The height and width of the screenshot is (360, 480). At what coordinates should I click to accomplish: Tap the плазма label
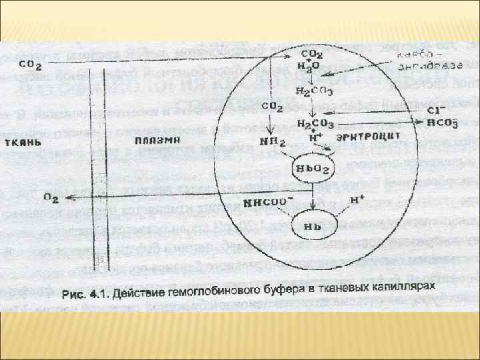(x=155, y=139)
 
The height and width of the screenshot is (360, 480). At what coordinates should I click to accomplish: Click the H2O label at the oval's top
(x=312, y=66)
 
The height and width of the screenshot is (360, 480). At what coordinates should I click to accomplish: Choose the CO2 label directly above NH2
(x=271, y=107)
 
